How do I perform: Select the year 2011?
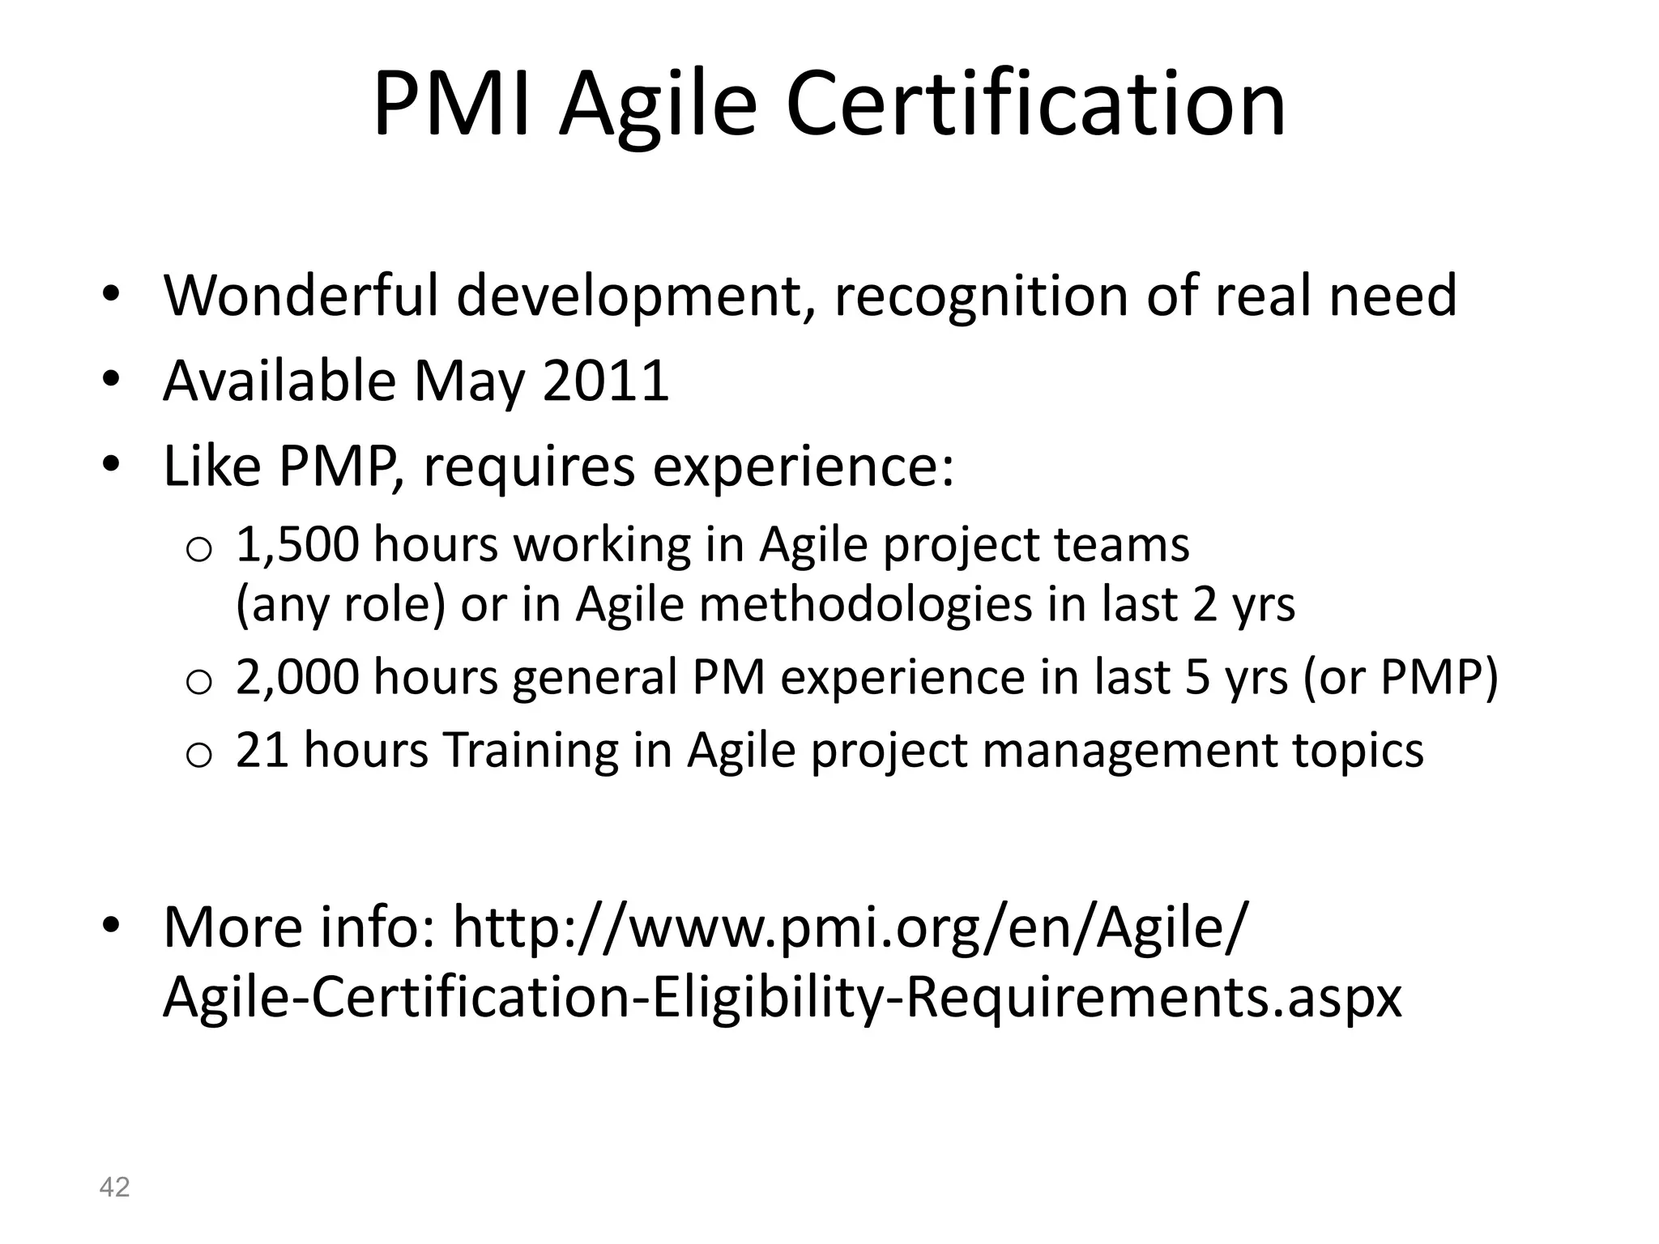606,381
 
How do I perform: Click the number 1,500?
296,544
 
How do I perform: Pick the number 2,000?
296,677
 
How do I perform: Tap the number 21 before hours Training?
262,750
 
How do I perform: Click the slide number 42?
114,1187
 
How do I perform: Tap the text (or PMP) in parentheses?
1401,677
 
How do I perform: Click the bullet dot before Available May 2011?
111,379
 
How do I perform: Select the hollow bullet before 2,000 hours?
198,683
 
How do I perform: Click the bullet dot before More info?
111,924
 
